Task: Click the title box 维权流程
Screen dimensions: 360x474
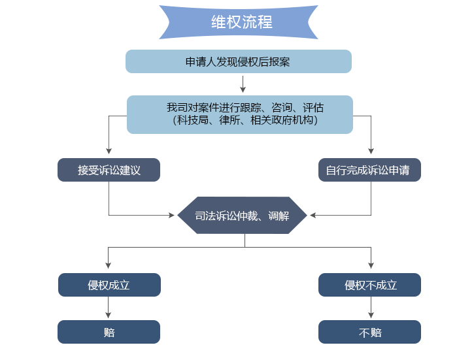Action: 238,22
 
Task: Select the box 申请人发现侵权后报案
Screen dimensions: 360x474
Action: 238,61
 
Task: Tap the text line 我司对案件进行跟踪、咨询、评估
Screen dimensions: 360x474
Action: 245,108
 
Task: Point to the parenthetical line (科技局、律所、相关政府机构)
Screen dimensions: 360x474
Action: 245,120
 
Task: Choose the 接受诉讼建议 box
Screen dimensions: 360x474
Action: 109,170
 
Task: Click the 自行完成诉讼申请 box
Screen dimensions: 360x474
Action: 369,170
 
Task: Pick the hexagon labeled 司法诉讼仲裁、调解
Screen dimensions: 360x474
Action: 242,215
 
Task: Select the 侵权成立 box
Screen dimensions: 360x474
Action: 109,285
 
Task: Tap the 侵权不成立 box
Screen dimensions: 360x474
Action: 369,285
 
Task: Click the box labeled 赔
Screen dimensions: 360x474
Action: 109,332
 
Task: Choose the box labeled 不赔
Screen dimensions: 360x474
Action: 369,332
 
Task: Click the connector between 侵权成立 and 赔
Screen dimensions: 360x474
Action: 109,308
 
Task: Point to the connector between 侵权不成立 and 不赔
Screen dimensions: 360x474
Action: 371,308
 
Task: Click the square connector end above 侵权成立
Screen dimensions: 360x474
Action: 109,265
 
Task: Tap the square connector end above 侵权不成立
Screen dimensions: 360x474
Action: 371,265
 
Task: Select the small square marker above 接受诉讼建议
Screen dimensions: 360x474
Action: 109,152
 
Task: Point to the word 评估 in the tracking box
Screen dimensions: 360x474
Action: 313,108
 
